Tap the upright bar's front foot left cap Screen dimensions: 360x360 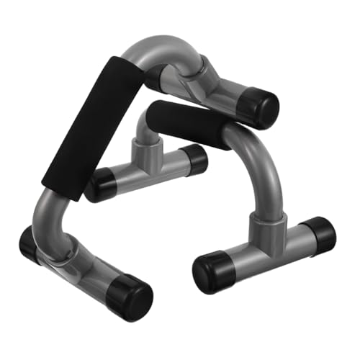pos(213,269)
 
